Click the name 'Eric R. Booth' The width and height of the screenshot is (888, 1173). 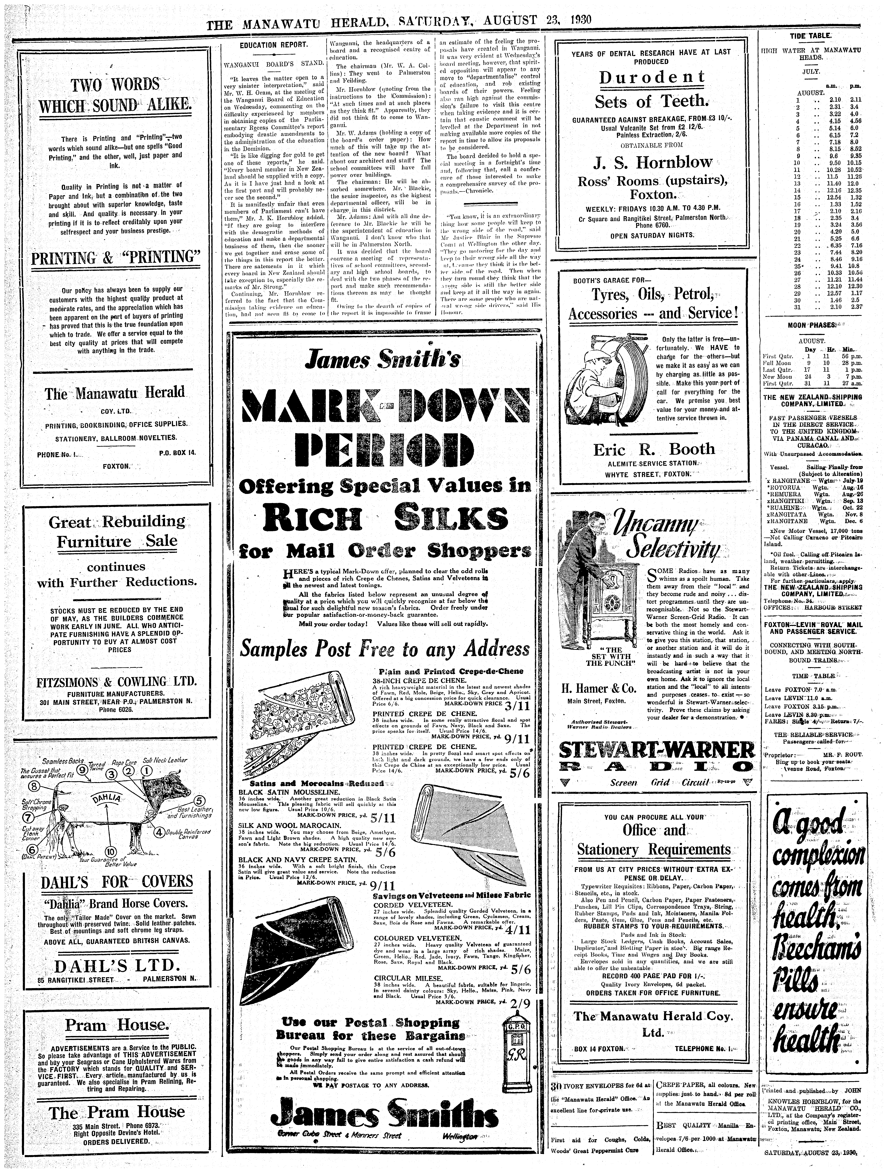654,449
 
